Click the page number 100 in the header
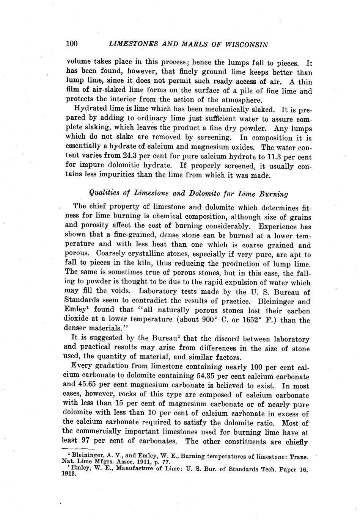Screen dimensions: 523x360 coord(72,44)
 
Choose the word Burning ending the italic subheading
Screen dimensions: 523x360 coord(273,194)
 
